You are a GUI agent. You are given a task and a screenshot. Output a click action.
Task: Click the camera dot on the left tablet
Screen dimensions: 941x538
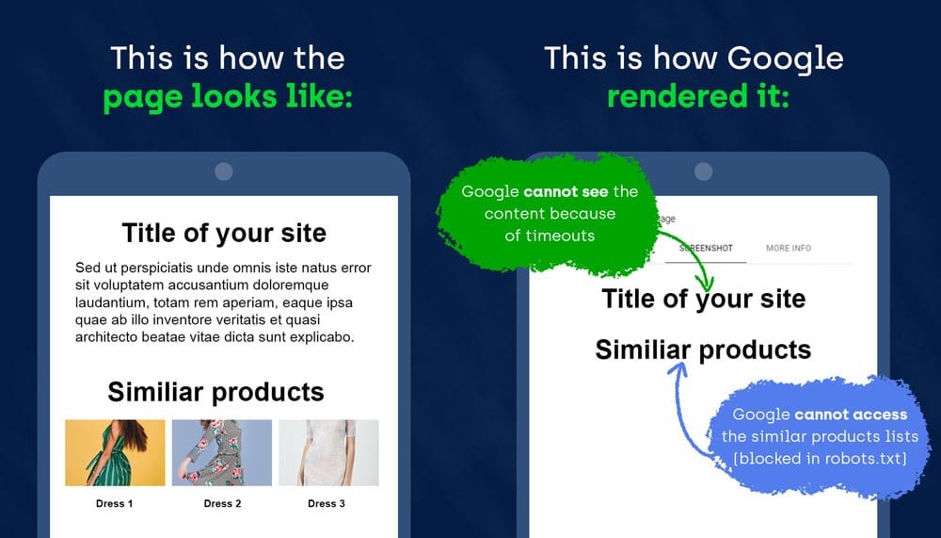tap(224, 171)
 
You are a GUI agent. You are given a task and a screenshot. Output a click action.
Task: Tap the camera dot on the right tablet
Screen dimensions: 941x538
tap(703, 171)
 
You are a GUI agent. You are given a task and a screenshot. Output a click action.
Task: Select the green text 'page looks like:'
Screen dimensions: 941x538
tap(228, 97)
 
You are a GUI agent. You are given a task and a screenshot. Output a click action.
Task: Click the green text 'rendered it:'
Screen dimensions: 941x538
tap(698, 96)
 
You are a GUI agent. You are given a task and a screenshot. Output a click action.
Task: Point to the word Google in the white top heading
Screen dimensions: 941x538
tap(786, 59)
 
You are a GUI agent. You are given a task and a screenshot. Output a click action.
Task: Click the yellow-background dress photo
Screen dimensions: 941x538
tap(115, 452)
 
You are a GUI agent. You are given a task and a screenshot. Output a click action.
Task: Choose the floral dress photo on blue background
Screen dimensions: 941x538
tap(222, 452)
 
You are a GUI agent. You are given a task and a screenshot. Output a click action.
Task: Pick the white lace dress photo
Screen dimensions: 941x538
tap(328, 452)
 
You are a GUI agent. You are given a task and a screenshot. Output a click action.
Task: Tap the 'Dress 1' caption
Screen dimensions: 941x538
tap(115, 504)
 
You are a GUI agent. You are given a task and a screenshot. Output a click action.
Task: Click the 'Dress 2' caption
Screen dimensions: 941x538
tap(223, 504)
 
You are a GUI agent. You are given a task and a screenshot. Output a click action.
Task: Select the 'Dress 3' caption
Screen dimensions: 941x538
tap(327, 504)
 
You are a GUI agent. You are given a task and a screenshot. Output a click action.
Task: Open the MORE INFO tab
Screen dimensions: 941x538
tap(789, 248)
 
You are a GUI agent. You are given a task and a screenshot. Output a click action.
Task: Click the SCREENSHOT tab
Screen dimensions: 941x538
tap(706, 248)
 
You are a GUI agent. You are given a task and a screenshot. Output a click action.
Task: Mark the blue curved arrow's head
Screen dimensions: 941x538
tap(678, 369)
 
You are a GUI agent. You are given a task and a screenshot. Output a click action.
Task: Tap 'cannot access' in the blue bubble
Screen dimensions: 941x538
tap(851, 415)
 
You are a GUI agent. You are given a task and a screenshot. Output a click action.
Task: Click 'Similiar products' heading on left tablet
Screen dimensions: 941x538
tap(216, 392)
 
